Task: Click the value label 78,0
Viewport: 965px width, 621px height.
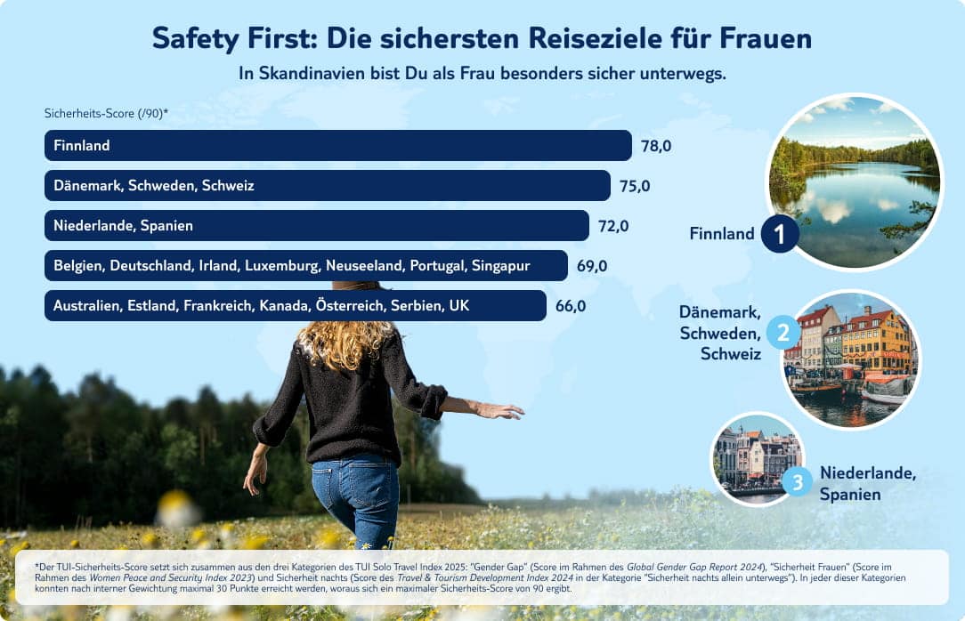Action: [x=655, y=146]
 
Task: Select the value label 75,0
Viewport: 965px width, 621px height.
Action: [x=635, y=186]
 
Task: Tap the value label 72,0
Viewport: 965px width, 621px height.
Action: [x=613, y=226]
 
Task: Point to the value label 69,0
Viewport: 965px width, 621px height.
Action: [x=592, y=266]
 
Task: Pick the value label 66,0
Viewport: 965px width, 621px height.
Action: [x=571, y=306]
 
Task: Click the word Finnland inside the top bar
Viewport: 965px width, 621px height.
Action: [x=81, y=145]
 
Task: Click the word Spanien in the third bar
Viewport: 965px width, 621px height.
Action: [x=166, y=226]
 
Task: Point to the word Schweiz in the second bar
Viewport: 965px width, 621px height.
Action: [x=228, y=186]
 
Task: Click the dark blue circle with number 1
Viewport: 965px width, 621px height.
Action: [x=780, y=234]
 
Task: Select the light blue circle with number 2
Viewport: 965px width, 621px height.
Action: [x=783, y=334]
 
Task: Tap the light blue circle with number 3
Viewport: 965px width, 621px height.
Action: [x=798, y=483]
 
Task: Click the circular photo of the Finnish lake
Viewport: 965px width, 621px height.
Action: [x=853, y=181]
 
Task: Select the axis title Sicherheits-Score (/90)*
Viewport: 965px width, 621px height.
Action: [x=106, y=113]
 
